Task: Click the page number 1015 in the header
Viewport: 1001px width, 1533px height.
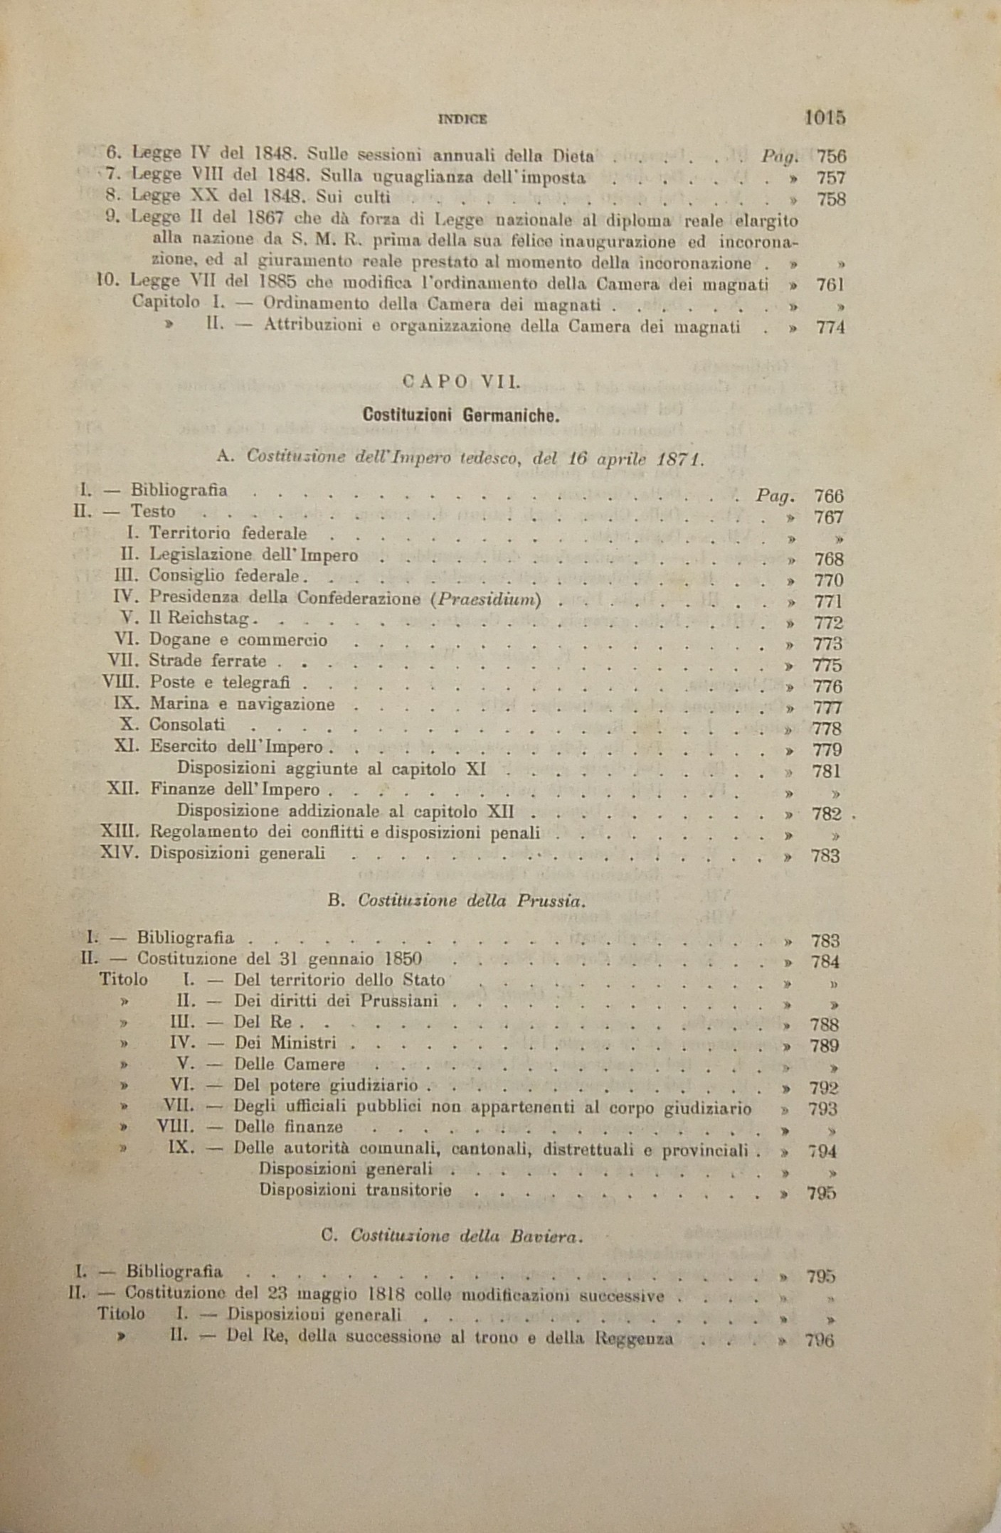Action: [x=825, y=117]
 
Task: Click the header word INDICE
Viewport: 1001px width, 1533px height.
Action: [x=462, y=119]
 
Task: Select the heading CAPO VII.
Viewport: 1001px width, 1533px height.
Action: [x=462, y=382]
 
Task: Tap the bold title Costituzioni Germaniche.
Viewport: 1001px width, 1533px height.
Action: [x=461, y=415]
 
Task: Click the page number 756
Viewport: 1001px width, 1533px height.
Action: [x=831, y=156]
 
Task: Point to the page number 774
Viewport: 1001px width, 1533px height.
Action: [x=830, y=328]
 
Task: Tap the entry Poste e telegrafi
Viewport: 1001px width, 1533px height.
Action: [x=219, y=683]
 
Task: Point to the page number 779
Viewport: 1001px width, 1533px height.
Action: [x=827, y=749]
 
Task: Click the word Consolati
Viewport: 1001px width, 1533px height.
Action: [x=187, y=725]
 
